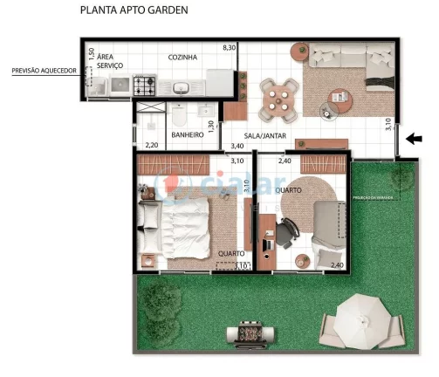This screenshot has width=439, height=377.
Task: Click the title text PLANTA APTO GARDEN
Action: pyautogui.click(x=133, y=11)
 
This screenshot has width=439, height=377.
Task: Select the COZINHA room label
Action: pyautogui.click(x=182, y=58)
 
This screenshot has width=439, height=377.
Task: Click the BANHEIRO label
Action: pyautogui.click(x=187, y=135)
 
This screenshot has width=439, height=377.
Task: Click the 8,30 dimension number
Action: pyautogui.click(x=229, y=46)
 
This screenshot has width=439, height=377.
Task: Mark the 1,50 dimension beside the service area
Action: pyautogui.click(x=91, y=53)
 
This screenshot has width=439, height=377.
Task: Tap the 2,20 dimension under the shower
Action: pyautogui.click(x=151, y=145)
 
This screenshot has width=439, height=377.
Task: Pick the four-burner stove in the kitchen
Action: pyautogui.click(x=144, y=86)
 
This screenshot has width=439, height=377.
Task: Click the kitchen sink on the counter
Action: pyautogui.click(x=182, y=87)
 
